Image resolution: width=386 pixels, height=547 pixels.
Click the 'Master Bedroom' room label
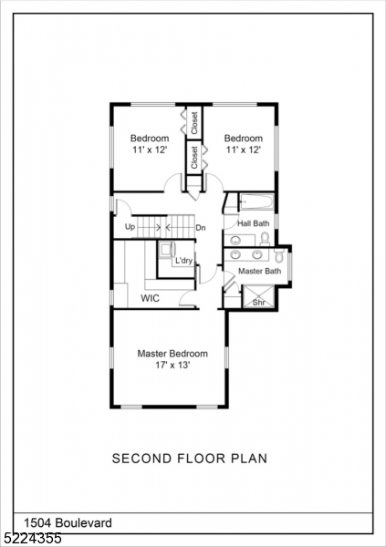coord(172,354)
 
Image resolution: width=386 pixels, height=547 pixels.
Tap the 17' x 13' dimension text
coord(172,366)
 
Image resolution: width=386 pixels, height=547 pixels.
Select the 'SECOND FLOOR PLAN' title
coord(190,459)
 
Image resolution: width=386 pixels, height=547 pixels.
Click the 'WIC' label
coord(151,298)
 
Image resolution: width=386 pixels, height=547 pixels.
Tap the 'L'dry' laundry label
coord(184,261)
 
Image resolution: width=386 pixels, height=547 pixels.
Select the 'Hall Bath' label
coord(253,223)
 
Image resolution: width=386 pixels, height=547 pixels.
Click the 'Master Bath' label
coord(259,272)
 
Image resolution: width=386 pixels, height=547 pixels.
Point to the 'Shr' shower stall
coord(258,297)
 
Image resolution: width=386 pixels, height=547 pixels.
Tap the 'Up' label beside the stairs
coord(130,227)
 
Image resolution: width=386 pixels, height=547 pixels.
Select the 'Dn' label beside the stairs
coord(201,227)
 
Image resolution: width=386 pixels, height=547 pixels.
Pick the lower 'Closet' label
coord(194,157)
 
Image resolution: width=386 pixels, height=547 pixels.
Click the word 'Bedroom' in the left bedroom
coord(149,139)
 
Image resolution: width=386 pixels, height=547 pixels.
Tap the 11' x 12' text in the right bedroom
coord(244,150)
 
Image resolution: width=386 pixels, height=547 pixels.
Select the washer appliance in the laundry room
coord(167,250)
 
